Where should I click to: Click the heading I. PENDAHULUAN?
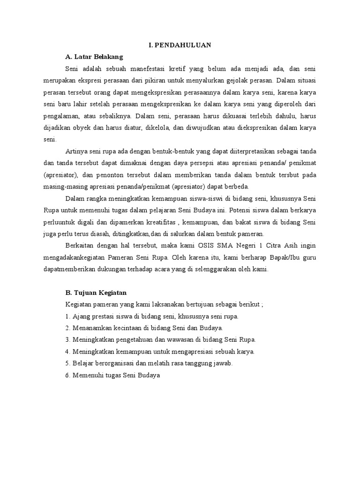[x=180, y=45]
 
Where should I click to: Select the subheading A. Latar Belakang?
[x=94, y=57]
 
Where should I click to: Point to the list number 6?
[x=67, y=375]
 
